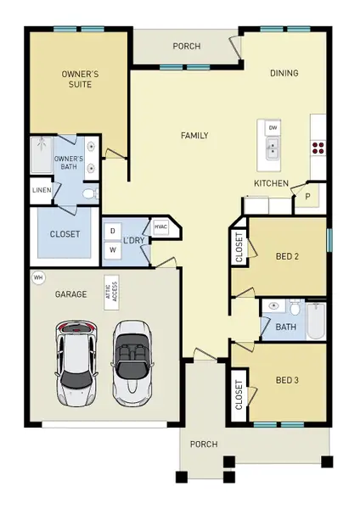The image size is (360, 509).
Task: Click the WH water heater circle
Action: click(x=38, y=277)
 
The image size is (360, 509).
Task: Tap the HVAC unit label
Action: click(x=160, y=227)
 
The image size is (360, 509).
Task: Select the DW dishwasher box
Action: click(x=273, y=127)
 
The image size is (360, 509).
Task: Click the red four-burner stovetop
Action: click(x=318, y=148)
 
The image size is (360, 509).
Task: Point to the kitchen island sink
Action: click(x=273, y=148)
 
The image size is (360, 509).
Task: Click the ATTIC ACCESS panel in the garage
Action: click(x=111, y=293)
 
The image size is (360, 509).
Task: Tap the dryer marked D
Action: click(x=113, y=231)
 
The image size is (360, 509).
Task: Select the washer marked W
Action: click(x=113, y=249)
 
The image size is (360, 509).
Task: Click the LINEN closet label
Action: click(x=42, y=190)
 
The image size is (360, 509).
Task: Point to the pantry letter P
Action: click(x=307, y=197)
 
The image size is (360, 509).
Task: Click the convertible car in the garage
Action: click(x=132, y=363)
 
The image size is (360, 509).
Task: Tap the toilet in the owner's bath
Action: click(x=91, y=194)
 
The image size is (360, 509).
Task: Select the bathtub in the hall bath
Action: click(x=316, y=321)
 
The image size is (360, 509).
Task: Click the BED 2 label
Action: click(x=287, y=256)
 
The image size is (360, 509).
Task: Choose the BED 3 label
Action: click(x=287, y=380)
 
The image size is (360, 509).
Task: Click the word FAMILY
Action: click(x=194, y=136)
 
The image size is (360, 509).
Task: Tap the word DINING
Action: click(x=284, y=73)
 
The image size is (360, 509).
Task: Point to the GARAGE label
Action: click(x=70, y=294)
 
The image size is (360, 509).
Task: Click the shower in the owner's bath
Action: click(x=42, y=155)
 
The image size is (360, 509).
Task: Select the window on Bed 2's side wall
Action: click(x=329, y=240)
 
